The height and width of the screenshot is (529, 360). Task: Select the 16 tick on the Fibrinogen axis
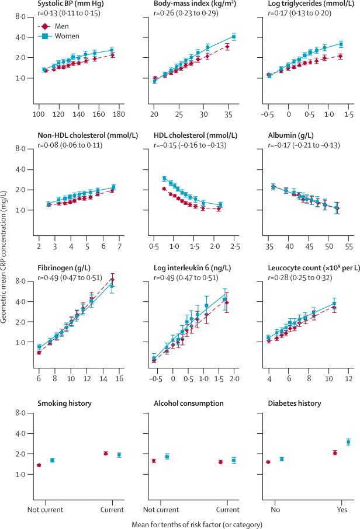120,380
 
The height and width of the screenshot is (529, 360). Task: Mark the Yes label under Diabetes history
341,508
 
